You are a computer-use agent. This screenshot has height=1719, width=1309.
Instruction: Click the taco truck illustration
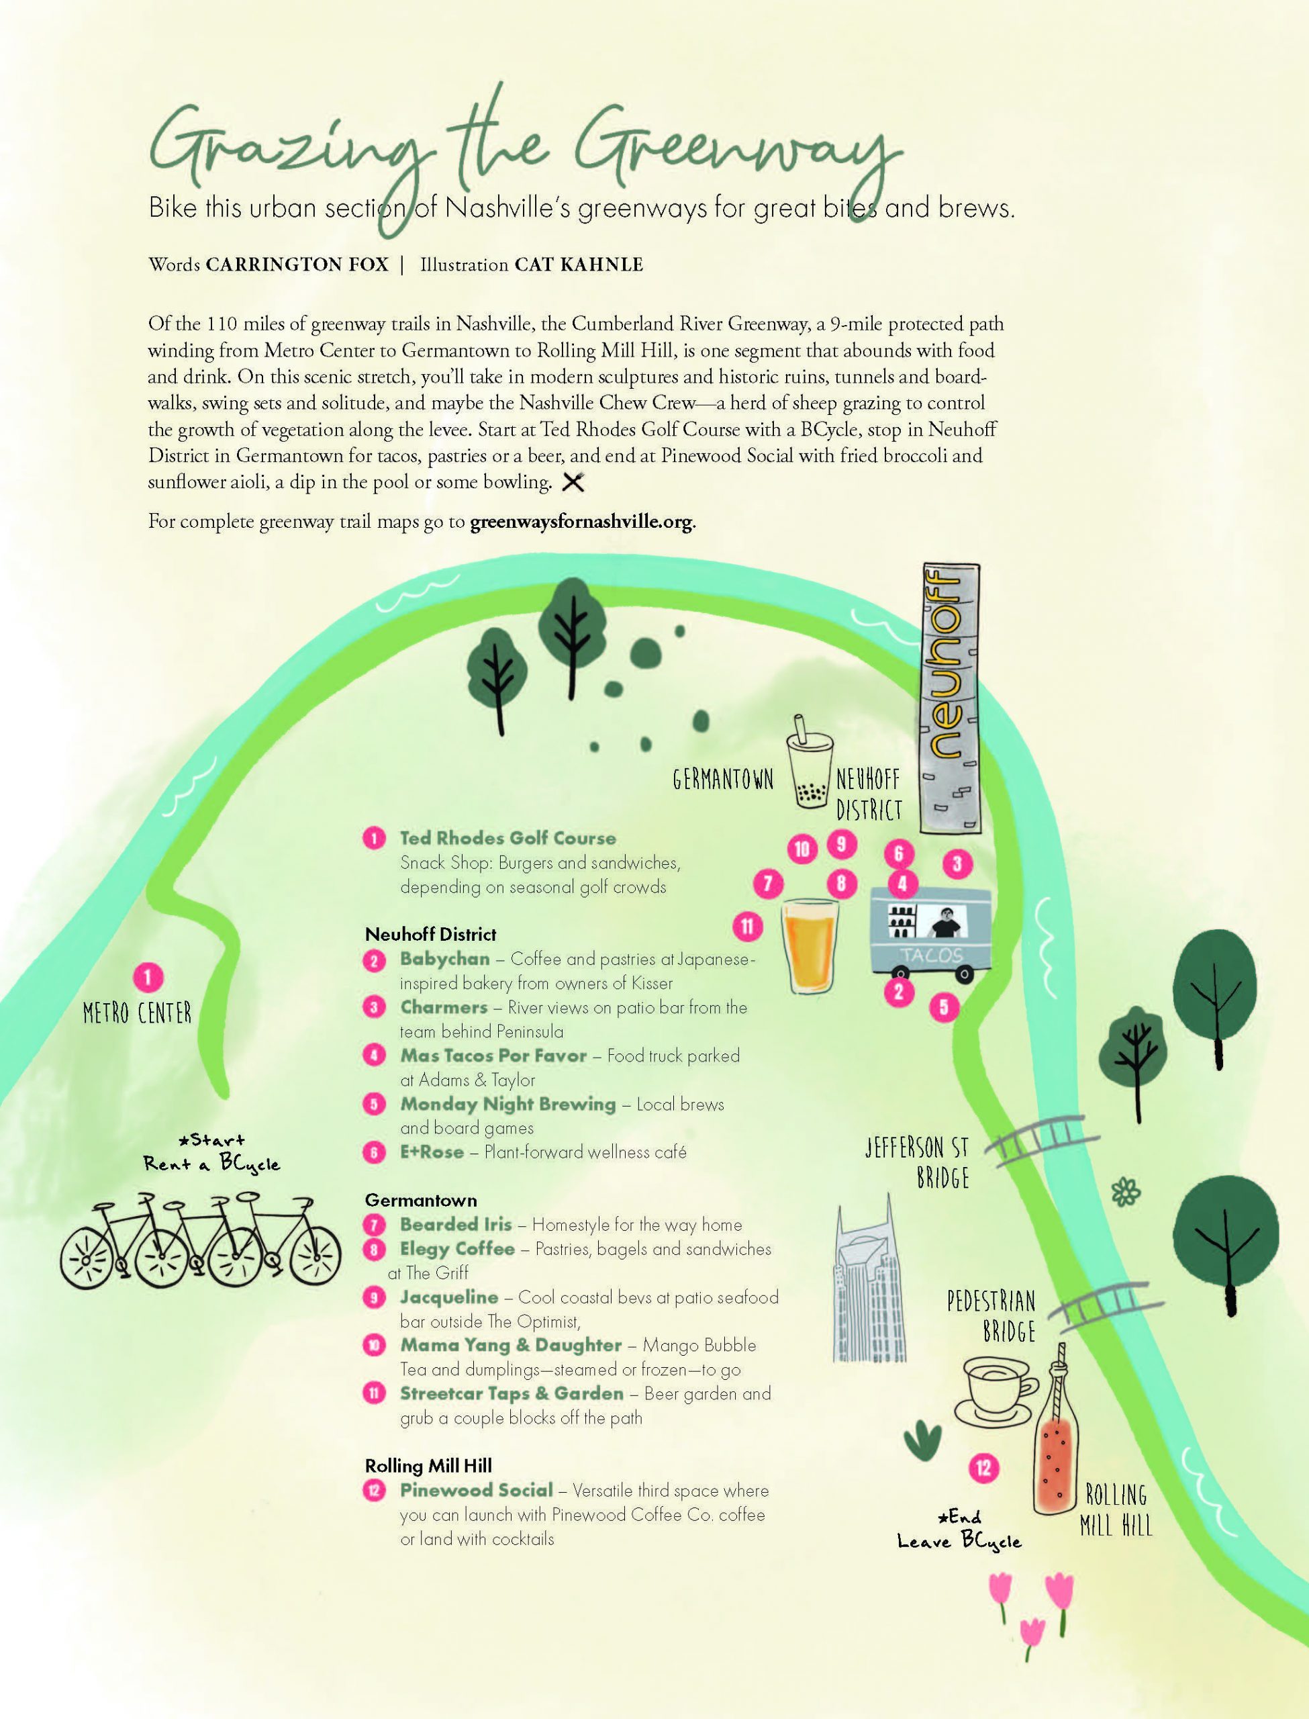click(930, 935)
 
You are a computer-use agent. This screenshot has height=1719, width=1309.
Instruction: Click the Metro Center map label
click(137, 1013)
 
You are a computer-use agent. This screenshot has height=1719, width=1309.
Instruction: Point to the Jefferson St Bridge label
click(918, 1161)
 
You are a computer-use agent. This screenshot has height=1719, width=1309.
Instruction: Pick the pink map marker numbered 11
click(747, 926)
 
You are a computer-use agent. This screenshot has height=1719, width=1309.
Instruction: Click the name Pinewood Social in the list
click(476, 1490)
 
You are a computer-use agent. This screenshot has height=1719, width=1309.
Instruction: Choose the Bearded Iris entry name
click(456, 1224)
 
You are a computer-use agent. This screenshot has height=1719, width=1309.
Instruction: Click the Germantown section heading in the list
click(421, 1200)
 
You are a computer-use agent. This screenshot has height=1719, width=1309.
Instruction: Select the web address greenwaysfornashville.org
click(581, 521)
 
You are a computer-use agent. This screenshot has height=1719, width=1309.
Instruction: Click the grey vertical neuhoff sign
click(951, 698)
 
